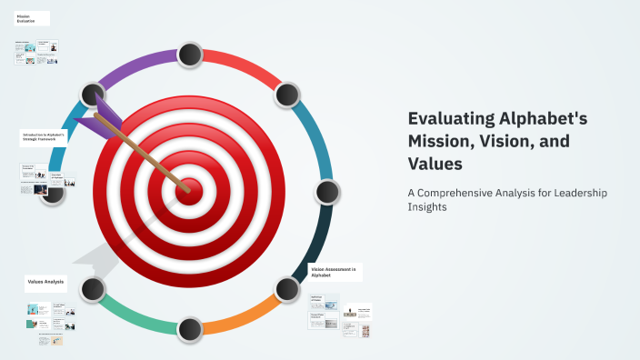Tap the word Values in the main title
pos(435,165)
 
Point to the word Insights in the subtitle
pos(427,207)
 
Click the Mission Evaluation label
pos(27,18)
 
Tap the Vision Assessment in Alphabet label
pos(335,271)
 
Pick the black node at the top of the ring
pos(189,55)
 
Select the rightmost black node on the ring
pos(326,192)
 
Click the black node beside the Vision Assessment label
pos(286,289)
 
